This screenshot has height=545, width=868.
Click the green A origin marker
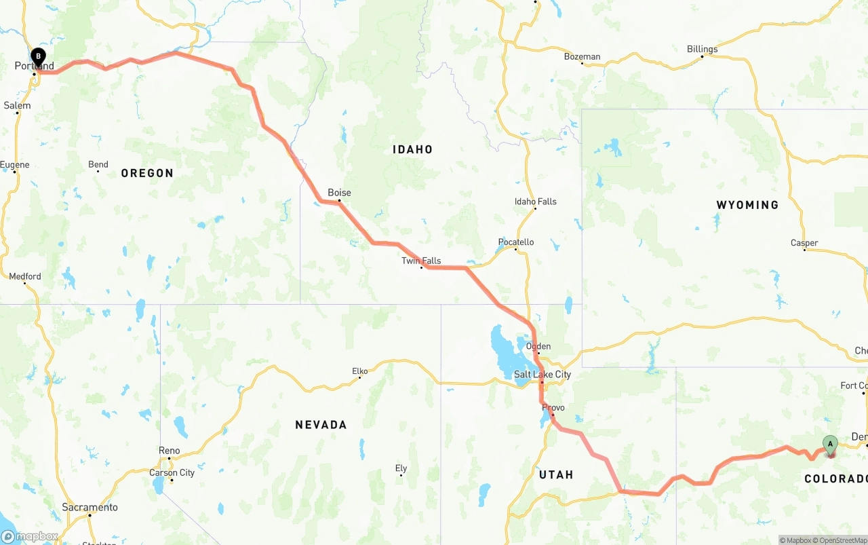(830, 445)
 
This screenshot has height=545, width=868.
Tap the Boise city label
(339, 193)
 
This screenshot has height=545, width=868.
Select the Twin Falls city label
(421, 261)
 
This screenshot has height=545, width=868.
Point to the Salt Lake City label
(542, 375)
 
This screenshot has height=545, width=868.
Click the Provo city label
(553, 408)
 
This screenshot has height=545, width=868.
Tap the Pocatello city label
(516, 242)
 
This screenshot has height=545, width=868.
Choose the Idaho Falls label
(535, 202)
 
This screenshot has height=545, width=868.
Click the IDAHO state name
(412, 149)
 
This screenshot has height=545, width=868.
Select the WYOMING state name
(747, 205)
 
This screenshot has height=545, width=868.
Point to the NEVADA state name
(321, 425)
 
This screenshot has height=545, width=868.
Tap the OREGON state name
(147, 173)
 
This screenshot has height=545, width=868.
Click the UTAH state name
(556, 474)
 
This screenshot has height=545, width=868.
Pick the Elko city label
(359, 371)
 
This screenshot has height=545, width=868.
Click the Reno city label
(170, 451)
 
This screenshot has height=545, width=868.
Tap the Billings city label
(702, 49)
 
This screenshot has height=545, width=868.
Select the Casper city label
(804, 243)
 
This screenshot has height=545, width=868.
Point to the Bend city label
(98, 164)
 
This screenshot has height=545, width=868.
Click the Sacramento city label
(90, 508)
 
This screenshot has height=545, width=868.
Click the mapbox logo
(30, 537)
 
